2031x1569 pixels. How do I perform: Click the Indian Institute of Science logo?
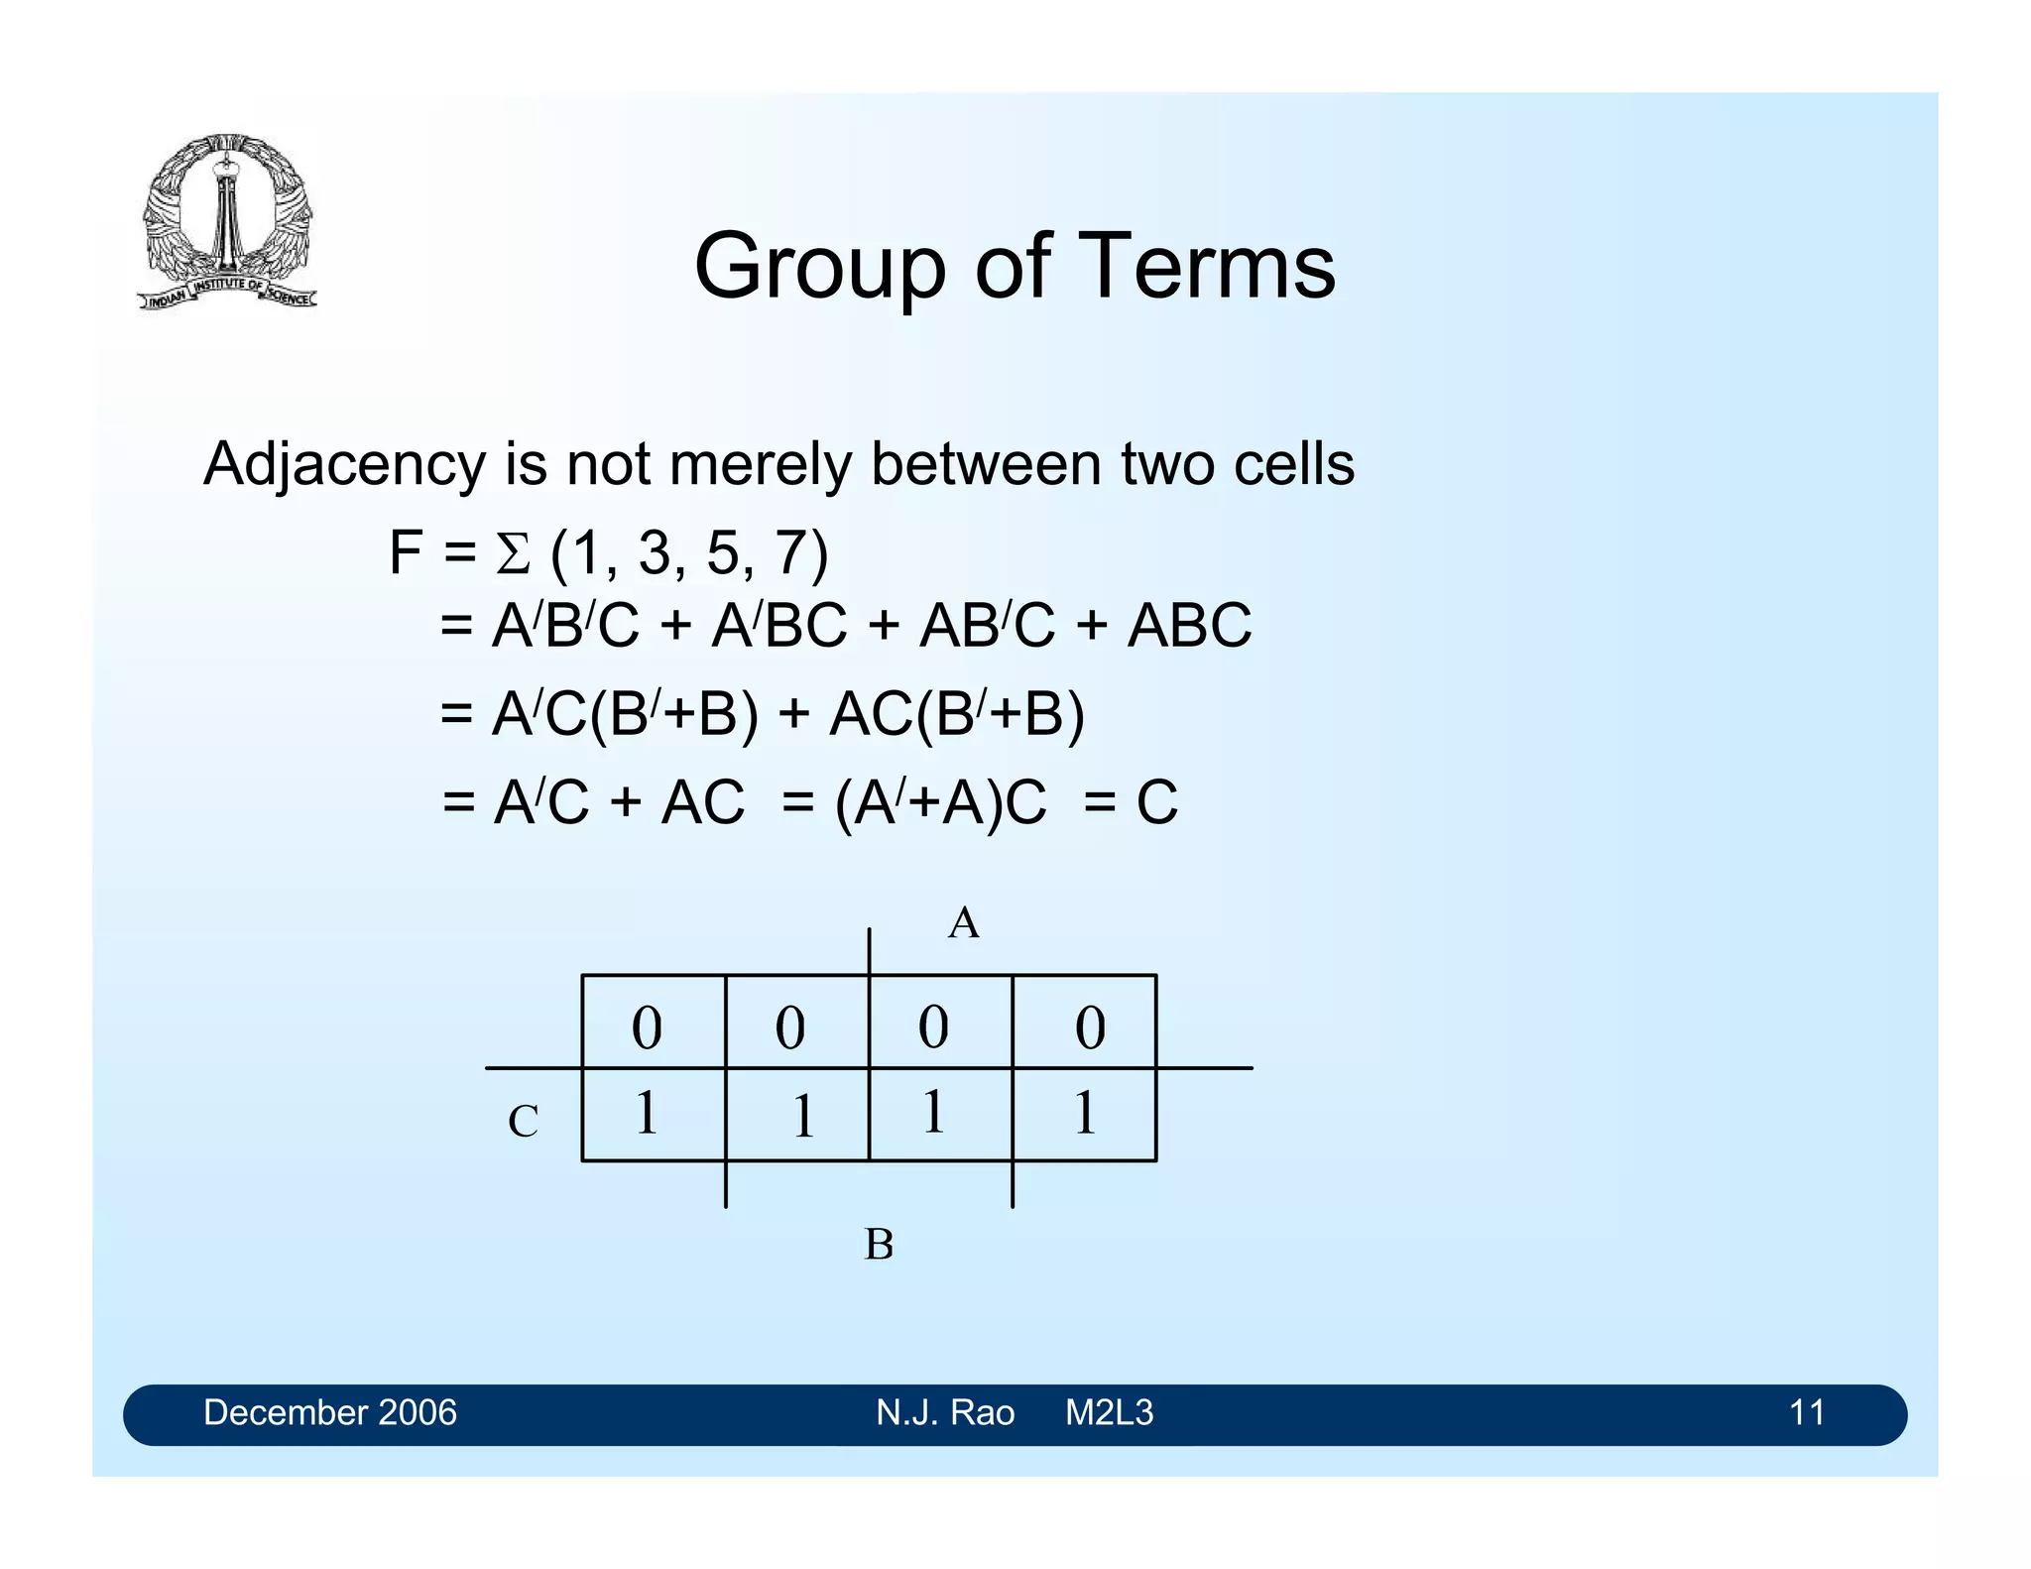227,221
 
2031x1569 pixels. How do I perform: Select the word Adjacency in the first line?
344,464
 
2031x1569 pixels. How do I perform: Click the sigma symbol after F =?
513,554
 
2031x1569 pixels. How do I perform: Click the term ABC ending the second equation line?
1189,626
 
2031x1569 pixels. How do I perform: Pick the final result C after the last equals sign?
1156,802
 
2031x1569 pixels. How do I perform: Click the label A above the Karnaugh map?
963,923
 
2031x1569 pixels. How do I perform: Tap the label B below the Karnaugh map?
879,1244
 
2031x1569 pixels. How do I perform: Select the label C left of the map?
523,1122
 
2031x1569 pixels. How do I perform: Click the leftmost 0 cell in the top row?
647,1027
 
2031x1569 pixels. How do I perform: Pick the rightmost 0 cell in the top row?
1090,1027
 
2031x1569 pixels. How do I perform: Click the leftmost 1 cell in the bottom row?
646,1113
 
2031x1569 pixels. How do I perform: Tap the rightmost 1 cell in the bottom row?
1085,1113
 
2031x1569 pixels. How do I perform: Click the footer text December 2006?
329,1412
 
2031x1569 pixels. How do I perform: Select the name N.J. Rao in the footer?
944,1412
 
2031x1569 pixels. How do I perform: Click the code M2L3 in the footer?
1109,1412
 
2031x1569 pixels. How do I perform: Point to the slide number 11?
1806,1412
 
